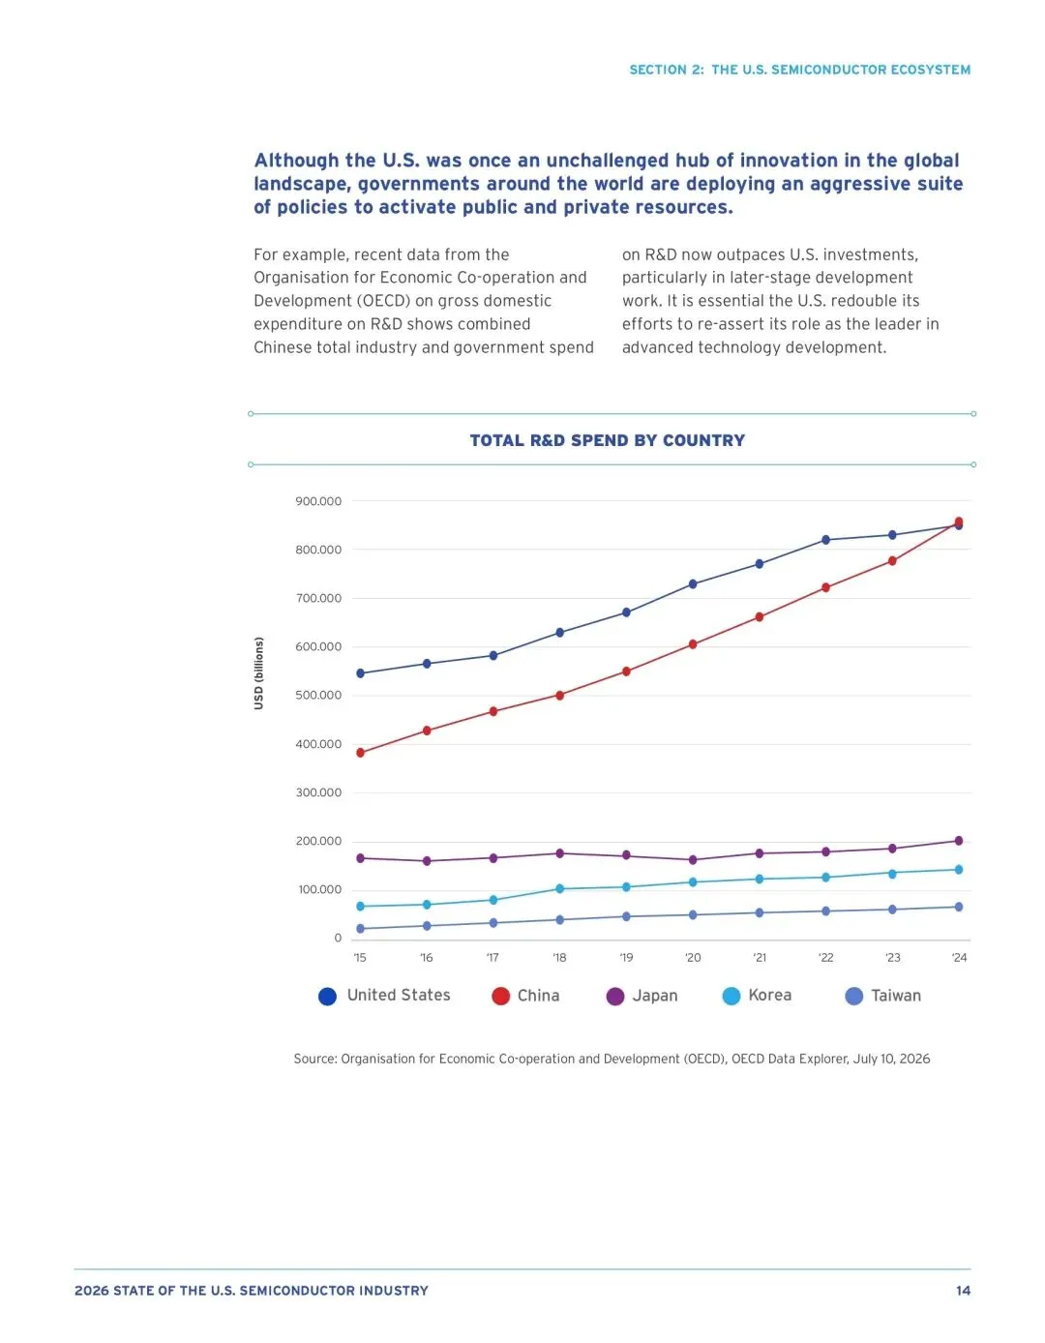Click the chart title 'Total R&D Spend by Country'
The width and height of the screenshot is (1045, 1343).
pyautogui.click(x=607, y=440)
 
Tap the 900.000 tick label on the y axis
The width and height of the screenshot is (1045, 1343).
pyautogui.click(x=318, y=501)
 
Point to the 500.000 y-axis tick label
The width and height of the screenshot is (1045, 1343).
pyautogui.click(x=318, y=696)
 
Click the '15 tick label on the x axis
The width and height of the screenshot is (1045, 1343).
pyautogui.click(x=360, y=957)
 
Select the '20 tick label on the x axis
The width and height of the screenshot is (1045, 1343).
pyautogui.click(x=693, y=957)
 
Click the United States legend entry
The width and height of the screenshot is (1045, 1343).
pyautogui.click(x=384, y=996)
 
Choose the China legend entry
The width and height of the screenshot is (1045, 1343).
pyautogui.click(x=525, y=996)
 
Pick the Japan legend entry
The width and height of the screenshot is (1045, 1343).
pyautogui.click(x=642, y=996)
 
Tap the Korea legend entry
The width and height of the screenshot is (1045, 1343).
pyautogui.click(x=757, y=996)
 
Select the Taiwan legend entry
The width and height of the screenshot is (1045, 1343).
pyautogui.click(x=882, y=996)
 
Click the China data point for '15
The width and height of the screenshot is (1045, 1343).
pyautogui.click(x=360, y=753)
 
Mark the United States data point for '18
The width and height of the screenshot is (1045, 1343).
pyautogui.click(x=560, y=632)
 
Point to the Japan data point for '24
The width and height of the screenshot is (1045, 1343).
pyautogui.click(x=959, y=841)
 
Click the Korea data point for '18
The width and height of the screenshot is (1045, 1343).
pyautogui.click(x=560, y=889)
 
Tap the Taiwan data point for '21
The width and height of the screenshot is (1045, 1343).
pyautogui.click(x=760, y=912)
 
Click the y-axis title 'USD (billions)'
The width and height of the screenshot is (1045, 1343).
pyautogui.click(x=259, y=673)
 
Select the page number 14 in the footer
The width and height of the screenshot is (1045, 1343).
pyautogui.click(x=963, y=1291)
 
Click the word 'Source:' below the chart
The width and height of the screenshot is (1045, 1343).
pyautogui.click(x=315, y=1059)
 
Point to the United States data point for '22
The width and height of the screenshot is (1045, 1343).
pyautogui.click(x=825, y=540)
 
